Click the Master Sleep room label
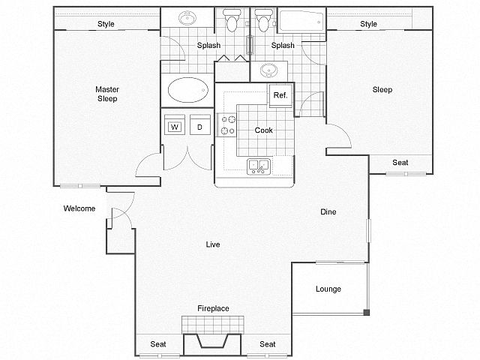coord(106,94)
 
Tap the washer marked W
coord(175,127)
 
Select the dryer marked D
coord(199,127)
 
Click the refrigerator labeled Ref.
coord(280,95)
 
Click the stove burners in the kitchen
coord(226,125)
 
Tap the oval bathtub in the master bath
coord(187,91)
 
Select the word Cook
coord(263,130)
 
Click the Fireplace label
coord(213,308)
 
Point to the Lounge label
coord(328,289)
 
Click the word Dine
coord(328,211)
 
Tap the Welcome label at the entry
coord(79,208)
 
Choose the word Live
coord(214,244)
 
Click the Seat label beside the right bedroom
coord(400,163)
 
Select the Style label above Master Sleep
coord(106,24)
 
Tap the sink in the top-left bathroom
coord(187,19)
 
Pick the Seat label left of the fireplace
coord(157,344)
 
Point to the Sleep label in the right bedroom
coord(382,90)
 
